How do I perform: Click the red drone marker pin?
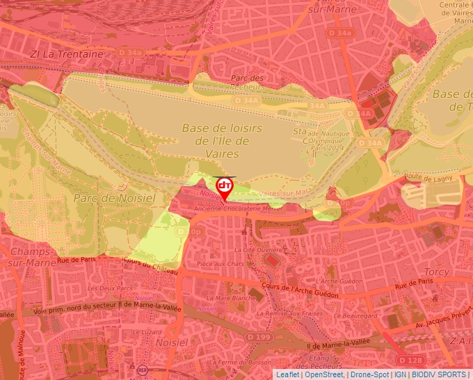[x=225, y=187]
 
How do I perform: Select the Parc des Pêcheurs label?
[x=248, y=83]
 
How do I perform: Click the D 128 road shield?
[x=410, y=360]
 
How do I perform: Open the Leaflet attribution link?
[x=287, y=374]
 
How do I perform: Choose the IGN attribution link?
[x=400, y=374]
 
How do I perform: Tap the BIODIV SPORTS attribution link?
[x=439, y=374]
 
